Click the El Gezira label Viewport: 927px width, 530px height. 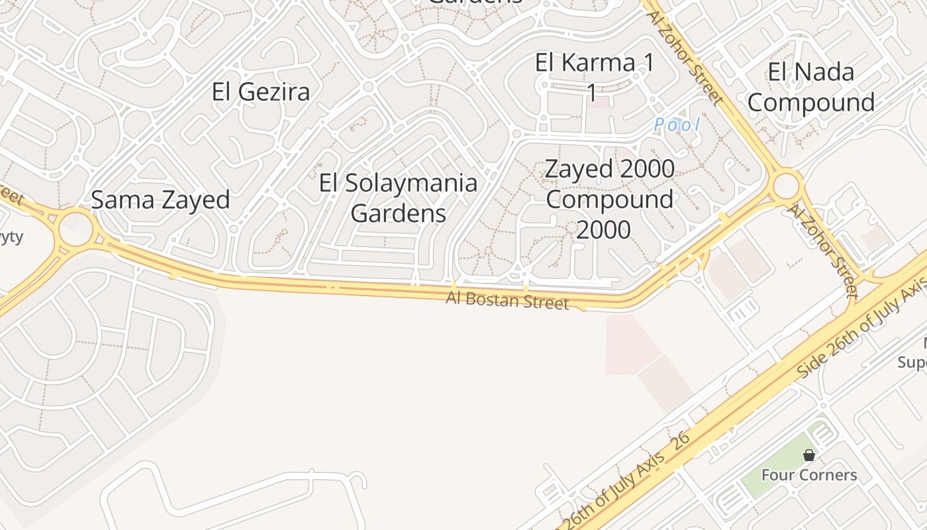(261, 91)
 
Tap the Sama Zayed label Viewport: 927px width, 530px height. (160, 199)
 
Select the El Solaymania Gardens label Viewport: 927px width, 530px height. (398, 197)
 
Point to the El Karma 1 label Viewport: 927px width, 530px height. (594, 64)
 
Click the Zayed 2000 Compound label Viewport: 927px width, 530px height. (609, 184)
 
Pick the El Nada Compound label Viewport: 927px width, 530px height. (811, 87)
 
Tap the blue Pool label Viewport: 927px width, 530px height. (676, 125)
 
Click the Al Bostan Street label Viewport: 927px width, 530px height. (507, 299)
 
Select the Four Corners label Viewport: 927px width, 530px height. (808, 475)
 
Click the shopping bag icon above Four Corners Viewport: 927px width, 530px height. (808, 455)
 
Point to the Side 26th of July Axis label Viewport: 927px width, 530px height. (861, 329)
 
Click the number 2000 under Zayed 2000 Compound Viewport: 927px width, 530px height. (603, 229)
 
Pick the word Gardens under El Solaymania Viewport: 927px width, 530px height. (398, 213)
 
